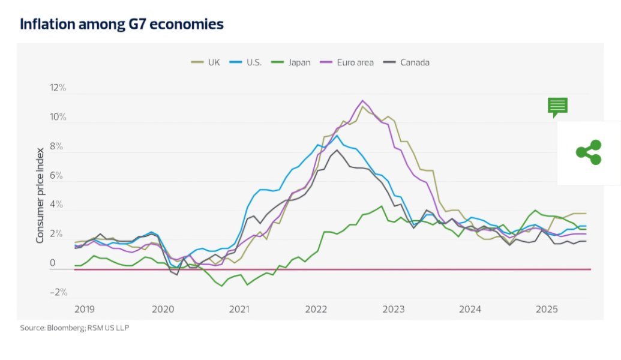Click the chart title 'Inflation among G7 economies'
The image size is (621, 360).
[122, 25]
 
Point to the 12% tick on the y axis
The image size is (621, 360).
[58, 88]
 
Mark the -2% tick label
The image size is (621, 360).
[59, 293]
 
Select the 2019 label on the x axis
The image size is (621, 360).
[85, 310]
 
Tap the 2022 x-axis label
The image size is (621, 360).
[316, 310]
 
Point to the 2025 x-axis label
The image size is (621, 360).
[547, 310]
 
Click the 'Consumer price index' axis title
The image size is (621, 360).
[40, 195]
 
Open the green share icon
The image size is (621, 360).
[589, 152]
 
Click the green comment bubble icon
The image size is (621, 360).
[557, 107]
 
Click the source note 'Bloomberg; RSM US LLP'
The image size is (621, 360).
[75, 328]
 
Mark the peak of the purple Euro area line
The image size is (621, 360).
[363, 101]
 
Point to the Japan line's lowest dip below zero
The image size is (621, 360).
[222, 286]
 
